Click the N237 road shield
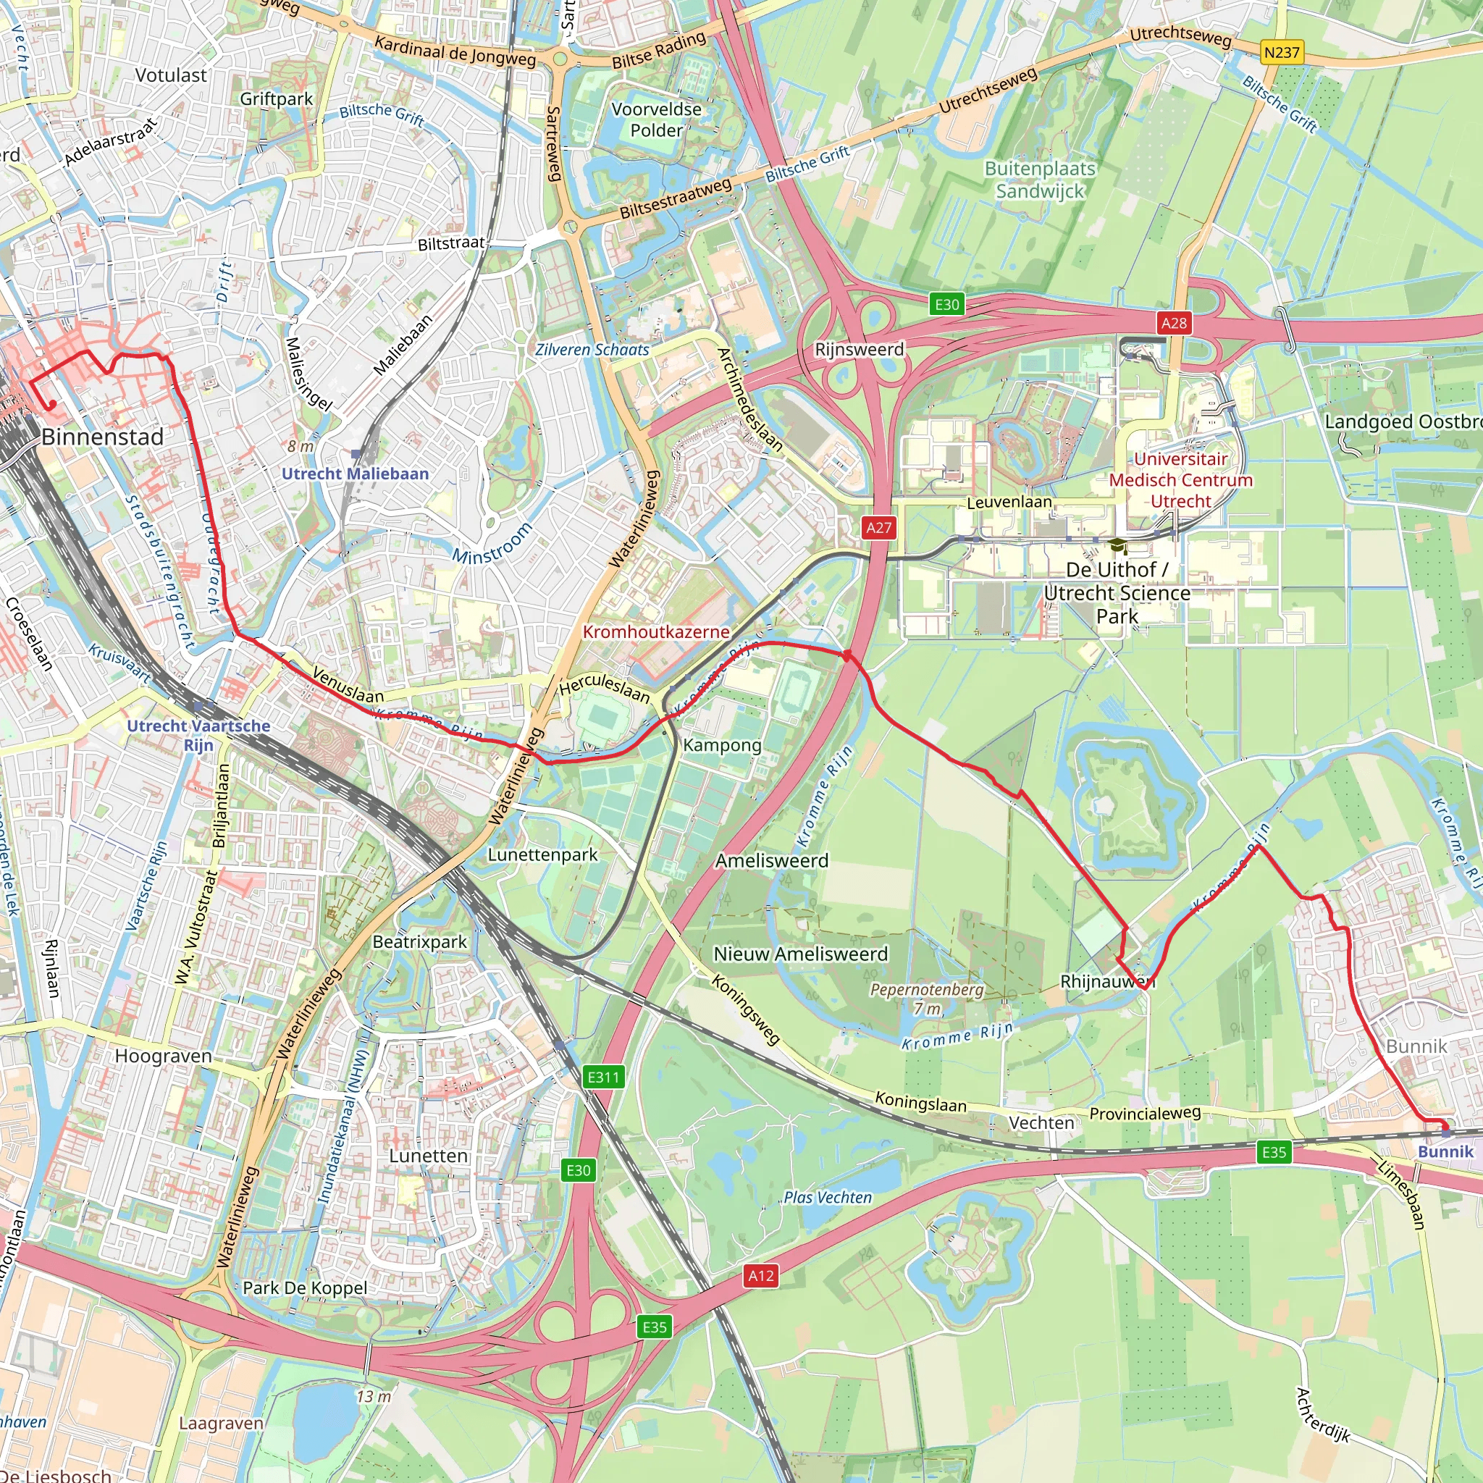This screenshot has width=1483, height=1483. click(x=1282, y=52)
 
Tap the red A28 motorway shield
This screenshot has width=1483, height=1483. click(x=1174, y=323)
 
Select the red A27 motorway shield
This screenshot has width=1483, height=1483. click(x=879, y=527)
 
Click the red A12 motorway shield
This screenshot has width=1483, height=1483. click(x=761, y=1276)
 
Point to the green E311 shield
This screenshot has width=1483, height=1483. click(x=602, y=1077)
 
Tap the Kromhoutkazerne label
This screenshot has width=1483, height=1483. click(x=655, y=631)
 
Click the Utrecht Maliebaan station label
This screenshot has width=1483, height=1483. click(x=355, y=474)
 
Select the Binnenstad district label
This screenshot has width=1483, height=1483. click(x=102, y=437)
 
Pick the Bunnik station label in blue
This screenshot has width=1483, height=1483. click(x=1445, y=1151)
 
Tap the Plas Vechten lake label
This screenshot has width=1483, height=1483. click(x=828, y=1198)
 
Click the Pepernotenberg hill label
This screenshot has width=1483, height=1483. click(x=926, y=989)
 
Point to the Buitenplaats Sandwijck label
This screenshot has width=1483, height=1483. click(x=1040, y=180)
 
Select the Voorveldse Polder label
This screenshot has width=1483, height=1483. click(x=656, y=119)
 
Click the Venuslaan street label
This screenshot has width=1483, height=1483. click(x=348, y=685)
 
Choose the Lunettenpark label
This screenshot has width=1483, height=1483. click(x=542, y=854)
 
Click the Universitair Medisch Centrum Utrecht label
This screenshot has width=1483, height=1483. click(x=1180, y=480)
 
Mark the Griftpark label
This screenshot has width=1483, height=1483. click(x=277, y=99)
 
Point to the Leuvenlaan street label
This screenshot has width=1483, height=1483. click(x=1009, y=502)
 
